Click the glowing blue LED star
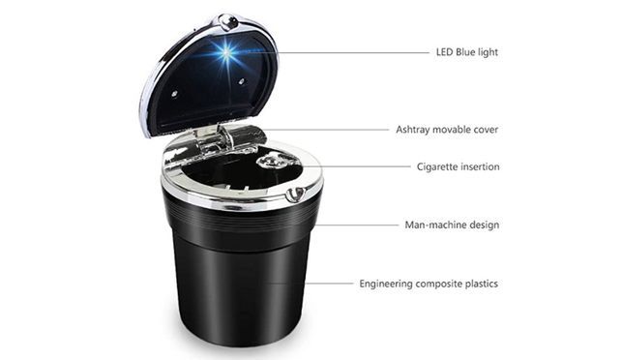click(x=225, y=53)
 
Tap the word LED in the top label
click(x=444, y=52)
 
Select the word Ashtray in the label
click(x=412, y=130)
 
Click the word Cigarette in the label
click(x=436, y=167)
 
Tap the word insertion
click(x=480, y=166)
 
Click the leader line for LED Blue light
click(x=333, y=52)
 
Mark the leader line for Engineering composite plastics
click(x=309, y=284)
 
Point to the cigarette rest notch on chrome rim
click(x=296, y=195)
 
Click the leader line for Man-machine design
click(x=357, y=225)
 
